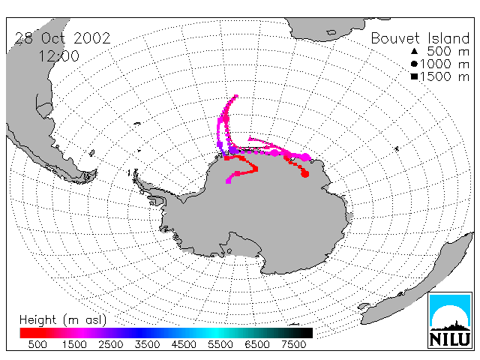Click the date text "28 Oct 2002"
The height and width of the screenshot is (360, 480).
[x=62, y=38]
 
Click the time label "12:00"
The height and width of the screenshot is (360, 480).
[x=58, y=56]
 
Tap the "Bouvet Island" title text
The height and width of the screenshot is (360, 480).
[x=420, y=38]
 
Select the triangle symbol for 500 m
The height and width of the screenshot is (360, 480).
[x=414, y=51]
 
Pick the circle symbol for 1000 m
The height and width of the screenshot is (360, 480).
[x=414, y=64]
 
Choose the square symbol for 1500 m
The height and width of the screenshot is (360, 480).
[x=414, y=76]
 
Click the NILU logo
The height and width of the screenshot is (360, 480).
[x=450, y=320]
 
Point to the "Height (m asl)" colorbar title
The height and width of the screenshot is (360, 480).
[x=63, y=320]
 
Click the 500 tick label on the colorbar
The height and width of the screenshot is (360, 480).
[x=37, y=344]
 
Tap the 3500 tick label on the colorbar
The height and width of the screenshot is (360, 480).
[x=147, y=344]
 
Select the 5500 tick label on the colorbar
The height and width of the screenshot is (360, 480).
[x=220, y=344]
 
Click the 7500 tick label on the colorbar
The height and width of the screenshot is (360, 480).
[x=293, y=344]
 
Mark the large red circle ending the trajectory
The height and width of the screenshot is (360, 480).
[x=305, y=173]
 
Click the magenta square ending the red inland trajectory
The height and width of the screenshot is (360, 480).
[x=228, y=181]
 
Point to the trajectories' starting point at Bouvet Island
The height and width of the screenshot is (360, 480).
[x=236, y=97]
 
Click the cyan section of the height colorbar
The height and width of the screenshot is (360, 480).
[x=215, y=333]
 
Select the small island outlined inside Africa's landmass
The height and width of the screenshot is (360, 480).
[x=331, y=32]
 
